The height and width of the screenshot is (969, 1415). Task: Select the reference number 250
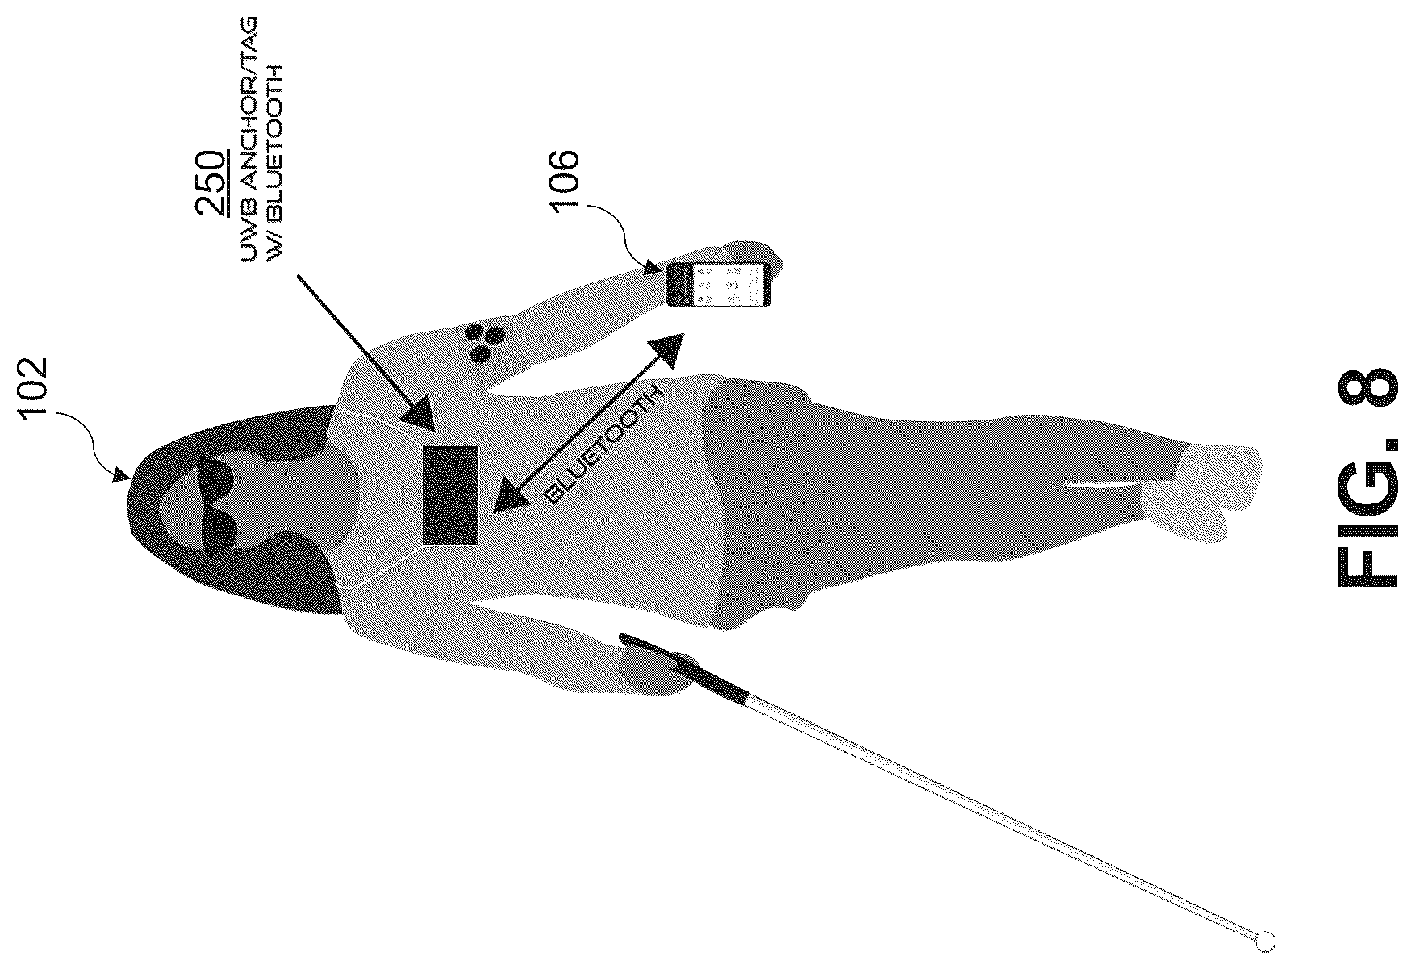coord(212,182)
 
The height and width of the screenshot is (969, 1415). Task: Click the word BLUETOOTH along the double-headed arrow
coord(603,446)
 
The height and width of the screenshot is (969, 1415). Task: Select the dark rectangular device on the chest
coord(450,495)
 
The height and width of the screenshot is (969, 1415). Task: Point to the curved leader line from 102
coord(89,436)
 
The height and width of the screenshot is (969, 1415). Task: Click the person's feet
coord(1194,488)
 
